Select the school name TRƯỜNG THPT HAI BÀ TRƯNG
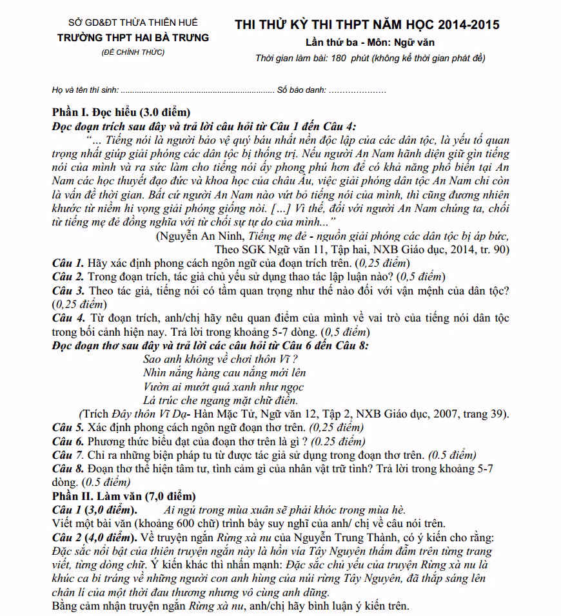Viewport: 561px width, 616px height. [133, 37]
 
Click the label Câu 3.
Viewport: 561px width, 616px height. [68, 291]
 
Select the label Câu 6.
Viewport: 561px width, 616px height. [68, 441]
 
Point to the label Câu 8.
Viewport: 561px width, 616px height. [68, 469]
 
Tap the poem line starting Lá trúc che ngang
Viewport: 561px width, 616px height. [215, 399]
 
